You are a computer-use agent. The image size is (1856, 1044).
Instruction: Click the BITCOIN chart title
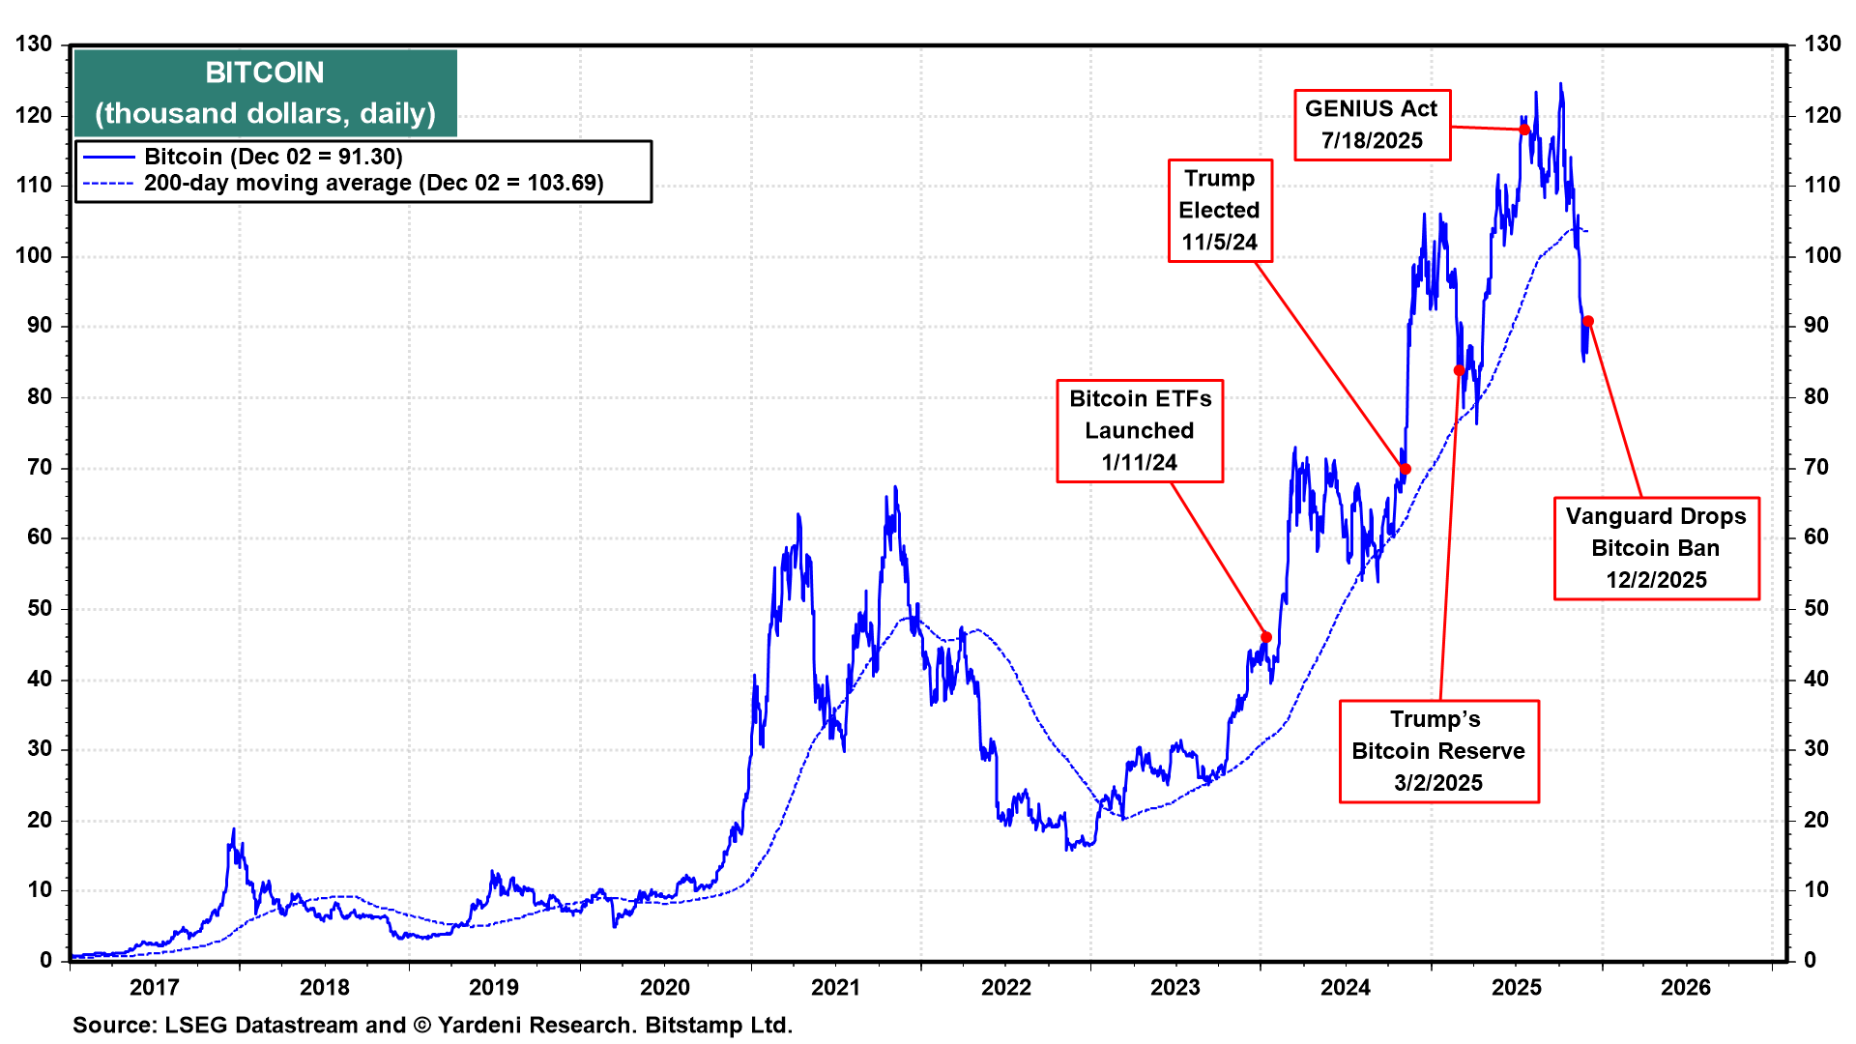(265, 73)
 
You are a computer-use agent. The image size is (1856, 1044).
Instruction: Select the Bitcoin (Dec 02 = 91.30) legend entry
(273, 157)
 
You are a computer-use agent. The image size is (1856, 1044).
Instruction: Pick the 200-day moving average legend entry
(373, 184)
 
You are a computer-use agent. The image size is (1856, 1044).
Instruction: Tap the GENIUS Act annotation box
(1372, 125)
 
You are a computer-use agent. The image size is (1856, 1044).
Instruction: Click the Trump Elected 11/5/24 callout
(1220, 211)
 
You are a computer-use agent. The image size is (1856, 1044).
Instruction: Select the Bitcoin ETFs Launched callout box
(1140, 431)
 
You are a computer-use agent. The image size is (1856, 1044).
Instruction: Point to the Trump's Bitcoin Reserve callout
(1438, 751)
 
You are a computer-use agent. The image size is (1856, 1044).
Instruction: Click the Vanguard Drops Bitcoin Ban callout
(1656, 548)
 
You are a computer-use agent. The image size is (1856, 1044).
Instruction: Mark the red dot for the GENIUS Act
(1524, 130)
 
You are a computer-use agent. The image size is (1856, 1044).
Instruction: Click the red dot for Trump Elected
(1406, 470)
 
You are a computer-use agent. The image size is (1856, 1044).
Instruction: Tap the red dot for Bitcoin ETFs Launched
(1266, 637)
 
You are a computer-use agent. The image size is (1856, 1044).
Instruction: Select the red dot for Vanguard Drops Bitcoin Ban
(1588, 322)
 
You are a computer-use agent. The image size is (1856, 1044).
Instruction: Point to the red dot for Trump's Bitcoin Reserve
(1460, 371)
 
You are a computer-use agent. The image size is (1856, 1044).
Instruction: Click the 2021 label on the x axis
(835, 987)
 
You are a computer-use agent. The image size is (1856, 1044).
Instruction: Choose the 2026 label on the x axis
(1686, 987)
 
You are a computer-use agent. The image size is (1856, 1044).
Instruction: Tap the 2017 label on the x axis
(155, 987)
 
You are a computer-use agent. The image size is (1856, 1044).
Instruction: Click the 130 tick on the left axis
(34, 44)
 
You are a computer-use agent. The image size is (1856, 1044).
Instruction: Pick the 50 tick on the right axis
(1816, 608)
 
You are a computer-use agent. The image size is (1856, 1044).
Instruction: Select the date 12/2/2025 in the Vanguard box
(1656, 580)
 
